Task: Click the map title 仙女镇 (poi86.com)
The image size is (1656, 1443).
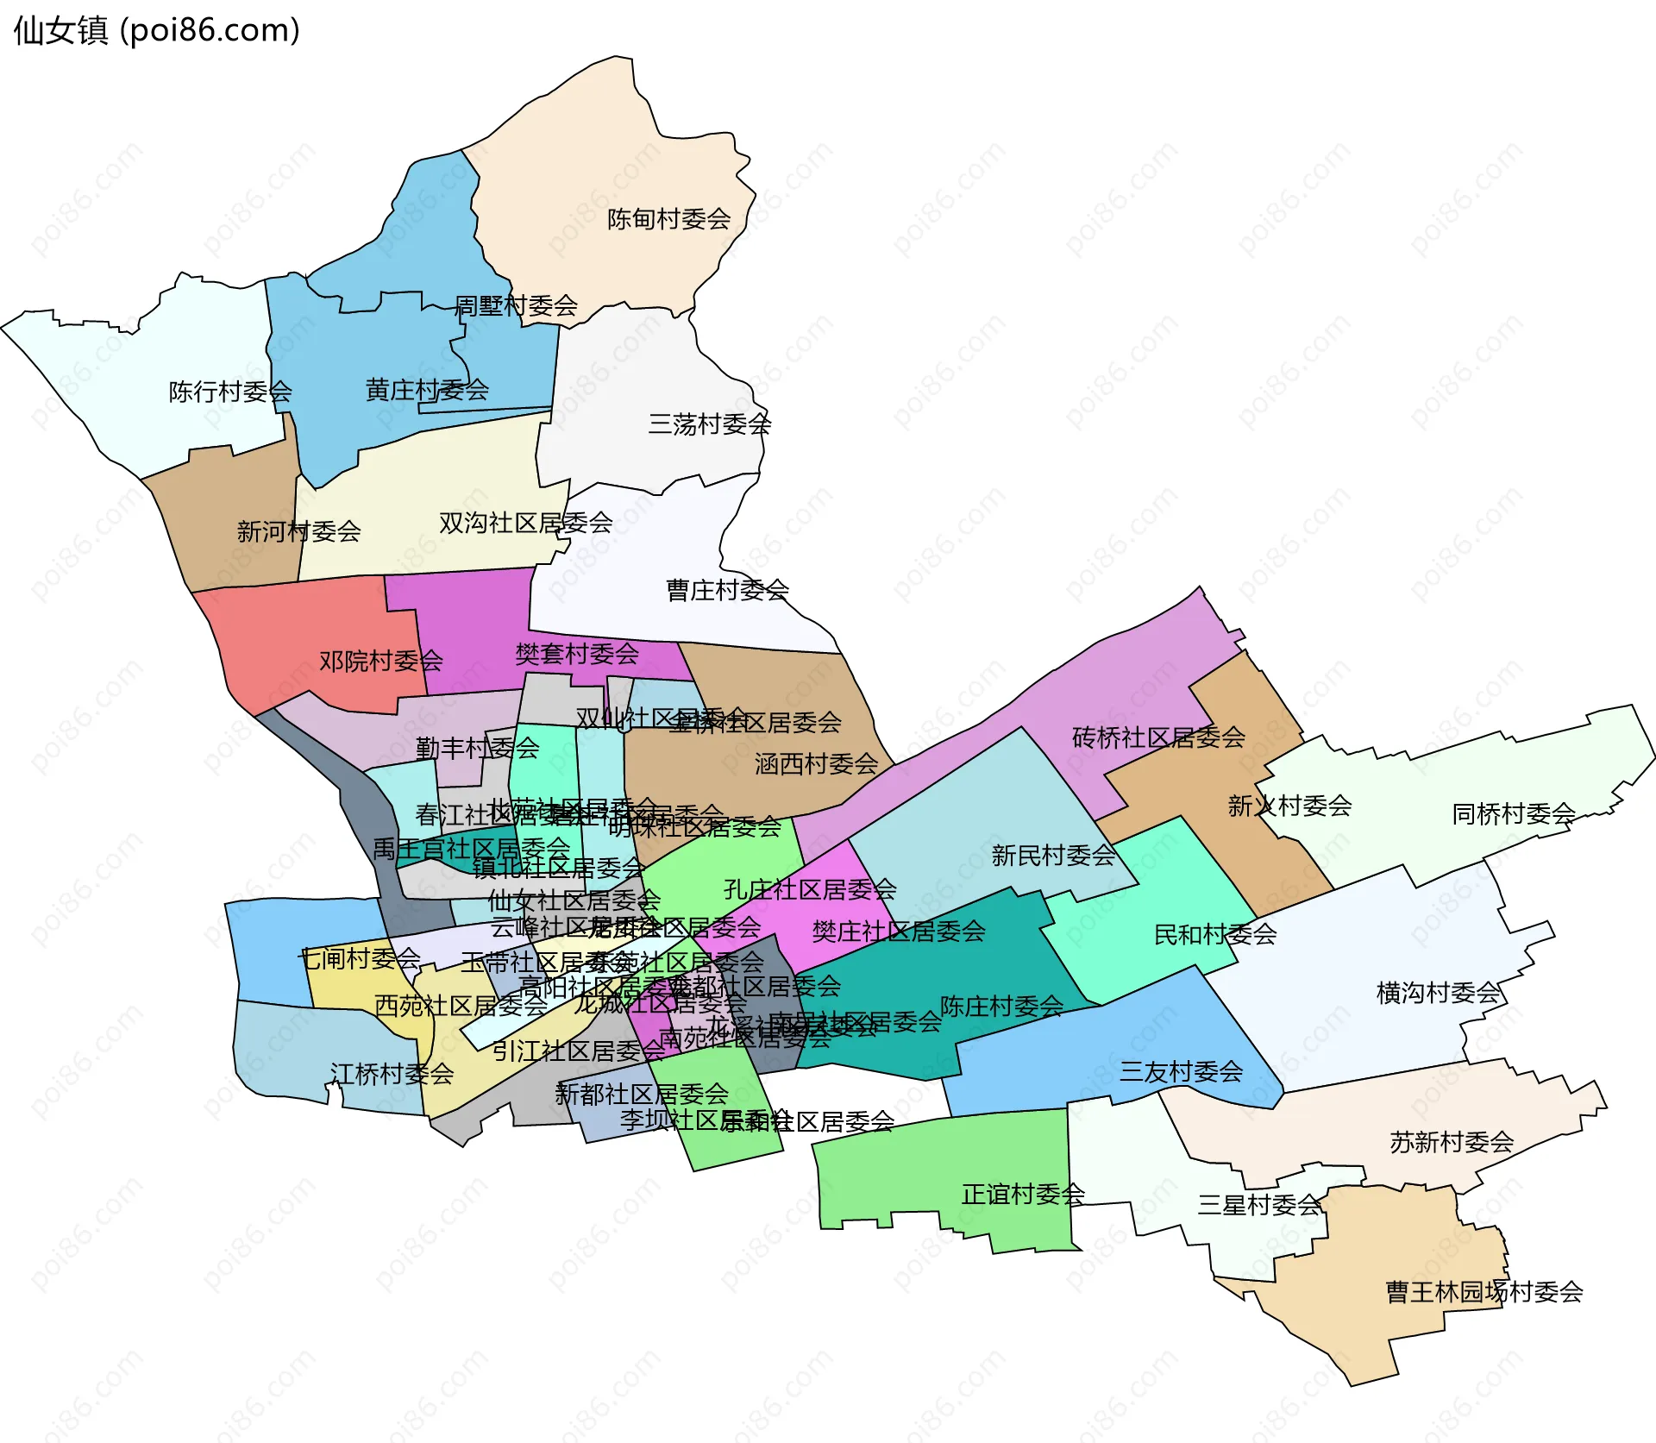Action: [x=156, y=30]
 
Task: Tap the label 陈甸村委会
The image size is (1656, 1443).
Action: [x=668, y=219]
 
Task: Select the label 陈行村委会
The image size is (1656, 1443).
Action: [x=230, y=392]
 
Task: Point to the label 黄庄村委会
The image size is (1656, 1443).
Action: [x=427, y=390]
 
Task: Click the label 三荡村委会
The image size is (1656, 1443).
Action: [x=709, y=424]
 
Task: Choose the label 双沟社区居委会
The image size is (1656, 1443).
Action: [x=525, y=523]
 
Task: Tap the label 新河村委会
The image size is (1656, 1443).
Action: [x=298, y=531]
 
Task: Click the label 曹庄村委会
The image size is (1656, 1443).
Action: [x=727, y=590]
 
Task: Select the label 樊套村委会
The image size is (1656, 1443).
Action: [x=577, y=654]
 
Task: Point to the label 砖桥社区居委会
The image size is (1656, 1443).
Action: [x=1158, y=737]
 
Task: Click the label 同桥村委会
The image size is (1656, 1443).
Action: [x=1514, y=813]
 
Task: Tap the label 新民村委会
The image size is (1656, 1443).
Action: [x=1053, y=856]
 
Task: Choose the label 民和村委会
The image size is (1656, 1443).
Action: [x=1215, y=934]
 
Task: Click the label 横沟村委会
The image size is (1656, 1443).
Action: [x=1438, y=993]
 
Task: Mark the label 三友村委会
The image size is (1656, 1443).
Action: [x=1181, y=1071]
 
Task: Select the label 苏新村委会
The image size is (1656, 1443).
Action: [x=1452, y=1142]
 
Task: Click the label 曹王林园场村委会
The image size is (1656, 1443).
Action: [x=1483, y=1291]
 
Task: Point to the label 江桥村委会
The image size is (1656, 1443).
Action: [x=392, y=1074]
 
